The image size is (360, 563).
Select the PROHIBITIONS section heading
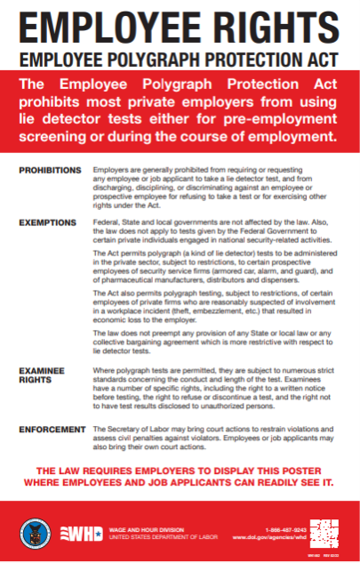[50, 169]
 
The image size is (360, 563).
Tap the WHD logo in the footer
[77, 534]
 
